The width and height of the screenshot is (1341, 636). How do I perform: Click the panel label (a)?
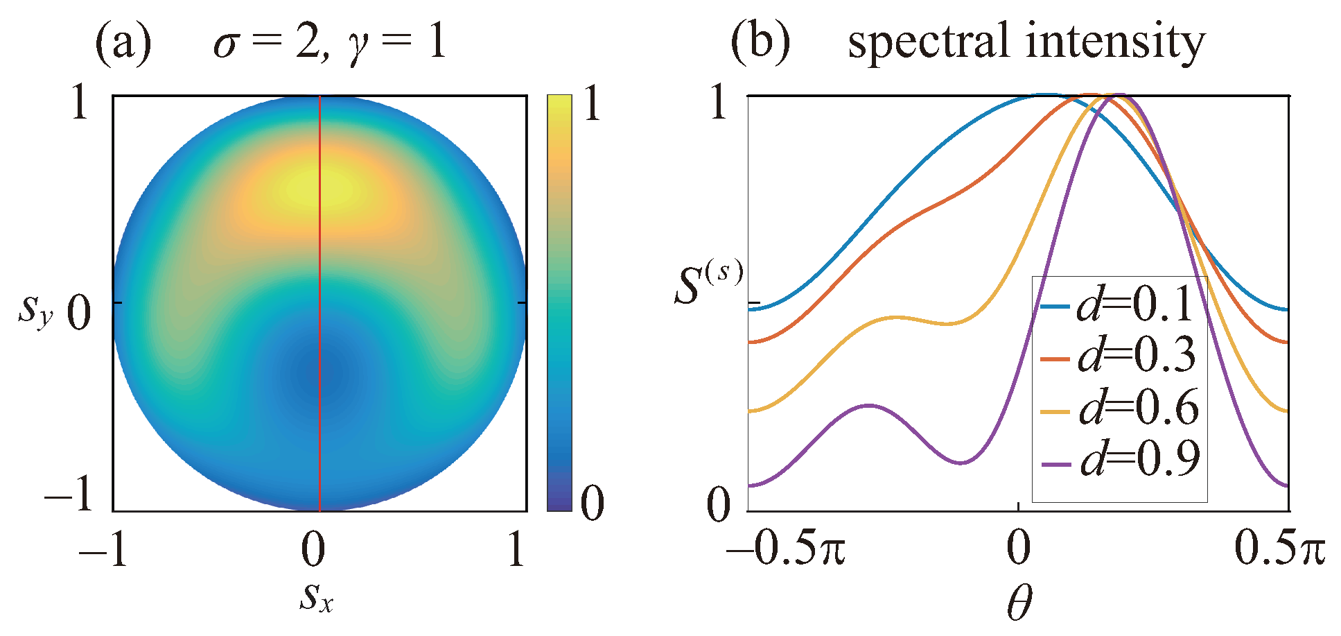coord(123,43)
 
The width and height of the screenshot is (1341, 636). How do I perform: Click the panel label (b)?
coord(760,43)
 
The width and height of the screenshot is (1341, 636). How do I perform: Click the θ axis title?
coord(1019,603)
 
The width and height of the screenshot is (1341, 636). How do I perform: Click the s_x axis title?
coord(317,597)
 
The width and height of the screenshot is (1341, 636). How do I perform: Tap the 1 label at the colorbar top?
coord(591,105)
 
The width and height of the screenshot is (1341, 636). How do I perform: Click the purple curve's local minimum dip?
coord(961,463)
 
